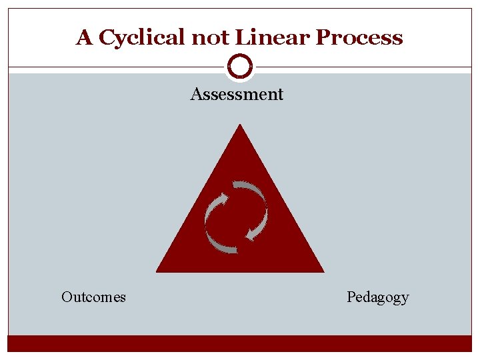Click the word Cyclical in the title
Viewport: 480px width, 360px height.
(143, 38)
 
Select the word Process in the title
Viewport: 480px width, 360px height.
(359, 37)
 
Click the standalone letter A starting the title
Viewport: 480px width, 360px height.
(84, 37)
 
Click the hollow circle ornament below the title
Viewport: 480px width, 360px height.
(240, 67)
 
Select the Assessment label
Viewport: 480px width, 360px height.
(237, 95)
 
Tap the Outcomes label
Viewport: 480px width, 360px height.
(93, 297)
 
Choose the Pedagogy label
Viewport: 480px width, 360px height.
(378, 297)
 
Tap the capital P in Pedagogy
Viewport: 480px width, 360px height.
(351, 297)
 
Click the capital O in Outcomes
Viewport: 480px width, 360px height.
(67, 297)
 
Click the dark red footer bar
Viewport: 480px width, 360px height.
(240, 343)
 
